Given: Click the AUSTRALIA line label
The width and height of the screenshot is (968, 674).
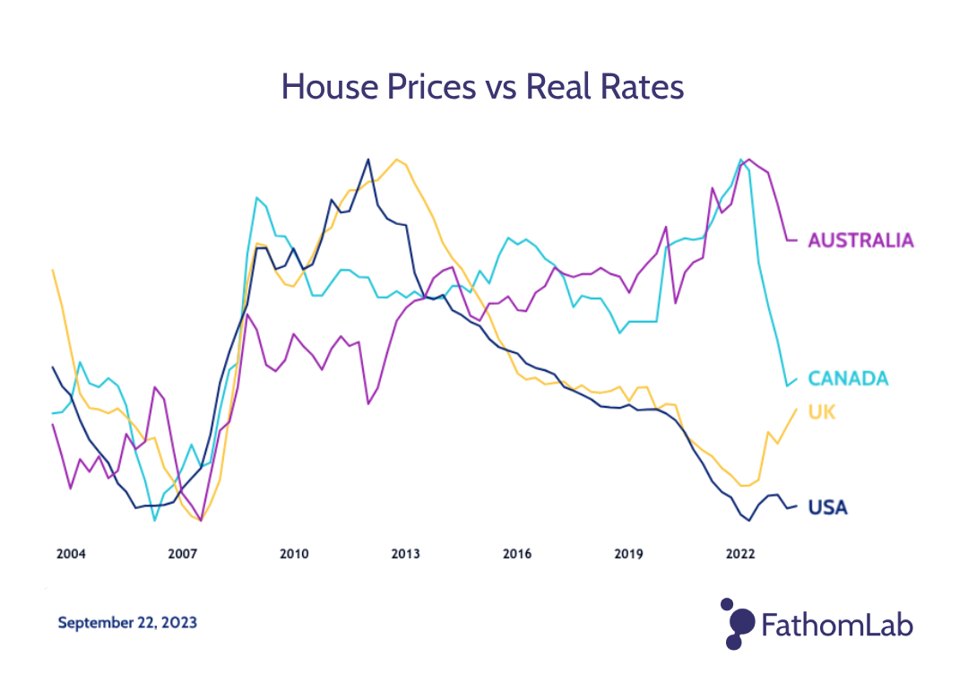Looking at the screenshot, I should click(860, 240).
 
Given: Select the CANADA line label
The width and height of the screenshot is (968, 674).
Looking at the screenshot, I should click(848, 378).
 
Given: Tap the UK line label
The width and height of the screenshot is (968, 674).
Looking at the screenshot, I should click(823, 412).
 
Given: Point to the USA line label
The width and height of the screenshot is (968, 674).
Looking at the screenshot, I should click(827, 508).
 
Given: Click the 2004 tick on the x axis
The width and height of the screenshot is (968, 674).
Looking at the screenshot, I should click(71, 554).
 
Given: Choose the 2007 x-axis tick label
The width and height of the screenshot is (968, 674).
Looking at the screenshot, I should click(182, 554).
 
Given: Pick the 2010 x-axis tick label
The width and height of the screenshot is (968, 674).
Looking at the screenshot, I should click(294, 554).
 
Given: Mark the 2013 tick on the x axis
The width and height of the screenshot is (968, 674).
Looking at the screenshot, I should click(405, 554).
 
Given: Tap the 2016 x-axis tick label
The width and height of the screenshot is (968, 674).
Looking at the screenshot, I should click(517, 554).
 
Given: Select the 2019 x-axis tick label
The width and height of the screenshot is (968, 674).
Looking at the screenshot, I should click(628, 554).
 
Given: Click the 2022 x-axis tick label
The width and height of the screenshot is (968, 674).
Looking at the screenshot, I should click(740, 554).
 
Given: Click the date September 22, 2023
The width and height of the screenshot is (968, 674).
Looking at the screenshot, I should click(127, 622).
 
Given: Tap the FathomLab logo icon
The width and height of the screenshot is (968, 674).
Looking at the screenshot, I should click(737, 623).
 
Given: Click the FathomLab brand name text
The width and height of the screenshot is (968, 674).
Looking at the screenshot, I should click(837, 624).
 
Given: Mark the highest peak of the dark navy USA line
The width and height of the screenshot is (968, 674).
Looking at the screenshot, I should click(367, 160).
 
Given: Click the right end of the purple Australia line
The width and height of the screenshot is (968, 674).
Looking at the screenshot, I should click(796, 240).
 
